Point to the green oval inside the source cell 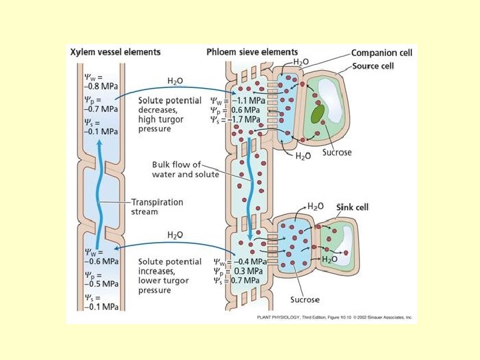(317, 113)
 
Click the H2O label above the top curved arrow (175, 81)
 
